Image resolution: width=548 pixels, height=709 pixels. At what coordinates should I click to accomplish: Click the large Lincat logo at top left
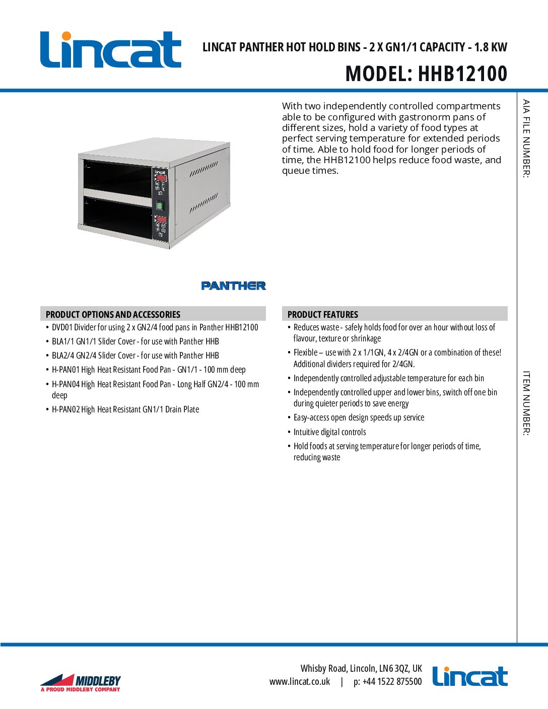[x=110, y=49]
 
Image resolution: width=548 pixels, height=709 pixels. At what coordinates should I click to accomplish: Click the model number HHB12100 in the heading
[x=462, y=74]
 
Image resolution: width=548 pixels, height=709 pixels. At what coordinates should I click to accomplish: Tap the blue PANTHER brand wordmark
[x=233, y=286]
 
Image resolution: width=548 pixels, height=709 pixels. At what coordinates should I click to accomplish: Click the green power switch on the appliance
[x=160, y=205]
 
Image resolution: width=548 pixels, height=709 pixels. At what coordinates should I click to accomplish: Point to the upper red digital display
[x=161, y=178]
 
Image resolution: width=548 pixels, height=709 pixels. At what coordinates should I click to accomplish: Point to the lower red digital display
[x=162, y=220]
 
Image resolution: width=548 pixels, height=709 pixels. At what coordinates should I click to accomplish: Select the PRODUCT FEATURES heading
[x=323, y=314]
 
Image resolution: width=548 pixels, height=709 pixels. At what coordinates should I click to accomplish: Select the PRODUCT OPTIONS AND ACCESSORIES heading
[x=113, y=314]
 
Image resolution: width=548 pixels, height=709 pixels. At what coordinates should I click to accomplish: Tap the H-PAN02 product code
[x=65, y=409]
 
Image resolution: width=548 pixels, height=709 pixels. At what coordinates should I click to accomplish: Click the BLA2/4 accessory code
[x=63, y=356]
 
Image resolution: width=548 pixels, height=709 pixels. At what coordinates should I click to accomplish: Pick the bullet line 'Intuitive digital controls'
[x=329, y=432]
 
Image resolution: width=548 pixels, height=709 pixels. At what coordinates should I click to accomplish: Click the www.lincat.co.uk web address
[x=300, y=682]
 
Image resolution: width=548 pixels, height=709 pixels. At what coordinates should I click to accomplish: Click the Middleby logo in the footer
[x=81, y=683]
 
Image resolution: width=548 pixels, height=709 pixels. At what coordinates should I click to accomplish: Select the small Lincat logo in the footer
[x=470, y=676]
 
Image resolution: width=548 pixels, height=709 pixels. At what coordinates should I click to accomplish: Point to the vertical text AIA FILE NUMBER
[x=526, y=138]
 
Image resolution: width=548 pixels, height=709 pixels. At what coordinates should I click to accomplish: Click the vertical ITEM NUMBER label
[x=526, y=403]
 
